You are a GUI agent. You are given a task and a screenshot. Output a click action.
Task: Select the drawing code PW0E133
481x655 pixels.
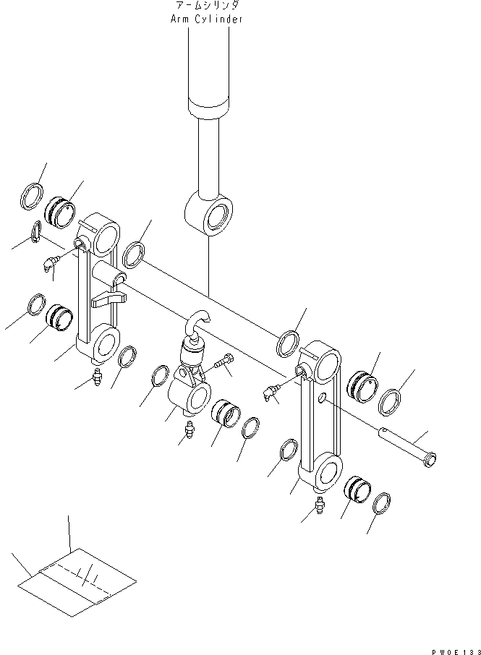coord(454,649)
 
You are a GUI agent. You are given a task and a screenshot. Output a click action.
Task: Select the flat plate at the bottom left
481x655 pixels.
coord(75,581)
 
